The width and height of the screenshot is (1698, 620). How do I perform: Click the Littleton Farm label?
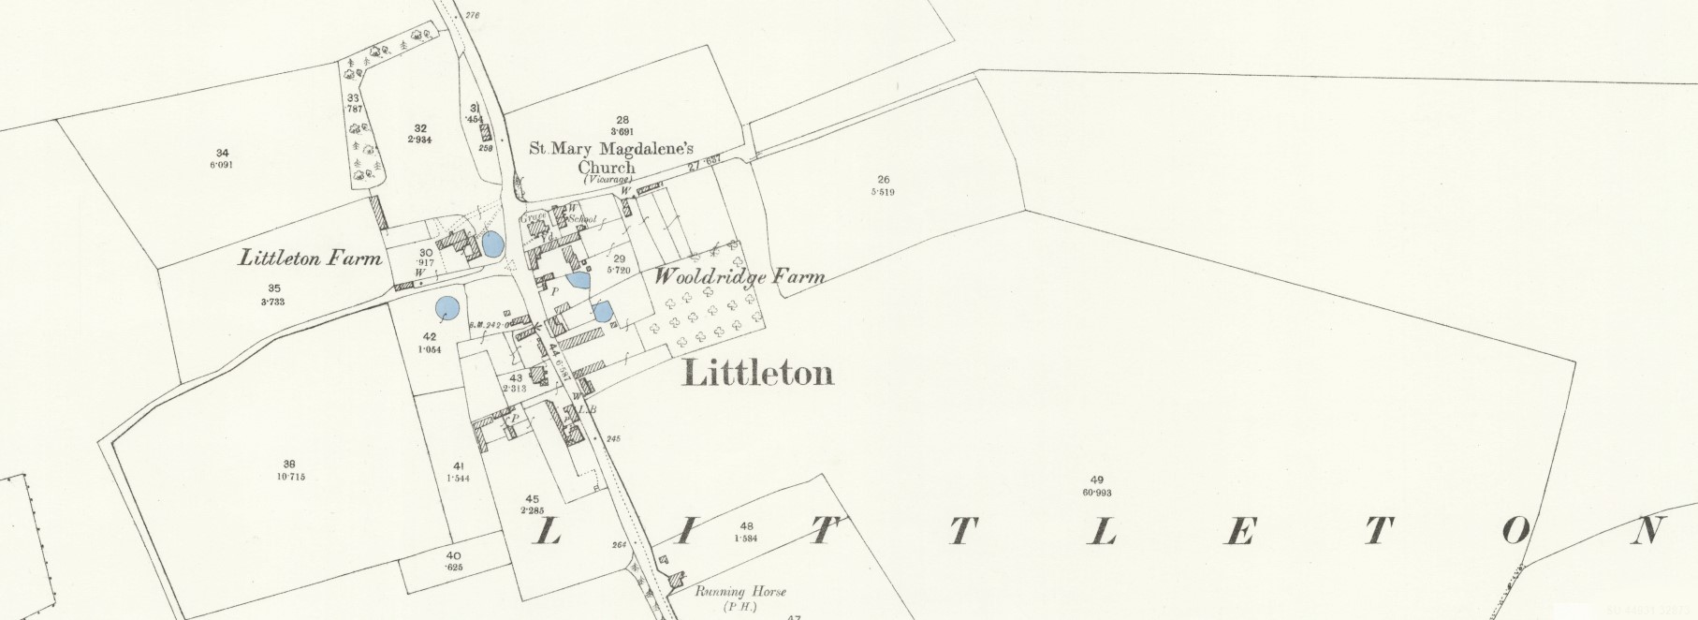click(310, 258)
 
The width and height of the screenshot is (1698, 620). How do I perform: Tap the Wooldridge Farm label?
click(739, 276)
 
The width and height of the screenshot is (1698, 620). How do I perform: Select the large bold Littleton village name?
click(758, 373)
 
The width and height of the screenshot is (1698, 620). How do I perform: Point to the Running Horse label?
click(740, 592)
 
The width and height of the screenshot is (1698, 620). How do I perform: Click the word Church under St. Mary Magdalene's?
click(607, 167)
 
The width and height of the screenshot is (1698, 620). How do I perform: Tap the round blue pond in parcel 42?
click(448, 308)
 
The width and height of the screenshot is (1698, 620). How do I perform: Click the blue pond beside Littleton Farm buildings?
click(491, 246)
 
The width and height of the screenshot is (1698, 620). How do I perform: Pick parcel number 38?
click(289, 464)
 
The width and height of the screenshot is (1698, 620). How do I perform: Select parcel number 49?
click(1096, 480)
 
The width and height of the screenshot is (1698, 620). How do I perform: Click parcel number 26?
click(883, 179)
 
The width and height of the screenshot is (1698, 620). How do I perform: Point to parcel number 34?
click(222, 153)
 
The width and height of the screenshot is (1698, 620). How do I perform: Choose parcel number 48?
click(746, 526)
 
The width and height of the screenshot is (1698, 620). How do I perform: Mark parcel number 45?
click(532, 498)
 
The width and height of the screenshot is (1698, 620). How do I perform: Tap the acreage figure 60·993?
click(1096, 493)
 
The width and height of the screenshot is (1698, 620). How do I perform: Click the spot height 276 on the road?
click(471, 15)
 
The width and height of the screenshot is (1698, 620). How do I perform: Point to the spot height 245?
click(613, 438)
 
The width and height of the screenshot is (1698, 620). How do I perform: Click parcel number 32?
click(420, 128)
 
